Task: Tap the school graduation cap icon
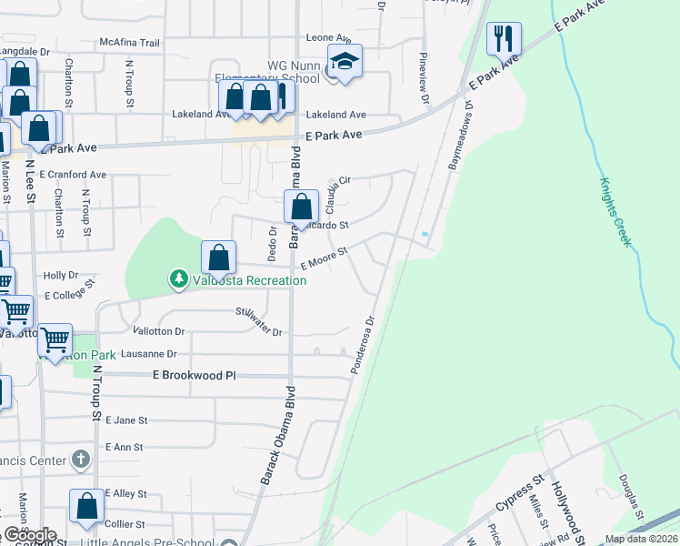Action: pyautogui.click(x=345, y=62)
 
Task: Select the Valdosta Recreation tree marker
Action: pyautogui.click(x=179, y=278)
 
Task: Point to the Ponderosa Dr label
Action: pyautogui.click(x=362, y=346)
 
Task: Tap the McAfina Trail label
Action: pyautogui.click(x=129, y=43)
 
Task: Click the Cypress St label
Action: pyautogui.click(x=519, y=493)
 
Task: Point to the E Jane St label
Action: pyautogui.click(x=126, y=420)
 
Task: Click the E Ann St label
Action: pyautogui.click(x=125, y=447)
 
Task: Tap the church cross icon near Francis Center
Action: pyautogui.click(x=81, y=460)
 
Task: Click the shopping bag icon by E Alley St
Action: pyautogui.click(x=86, y=507)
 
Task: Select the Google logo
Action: pyautogui.click(x=30, y=535)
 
